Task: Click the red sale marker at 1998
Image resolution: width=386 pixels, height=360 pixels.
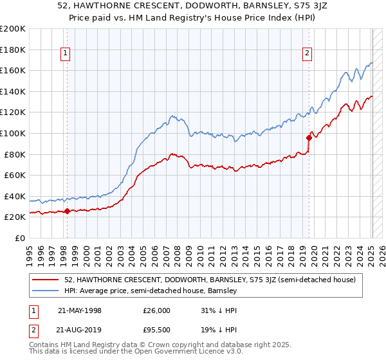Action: [68, 211]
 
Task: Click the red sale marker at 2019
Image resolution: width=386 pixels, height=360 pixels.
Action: [309, 138]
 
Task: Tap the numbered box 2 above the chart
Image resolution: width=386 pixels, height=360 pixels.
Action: [308, 54]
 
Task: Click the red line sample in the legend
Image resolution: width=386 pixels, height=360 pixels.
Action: [46, 280]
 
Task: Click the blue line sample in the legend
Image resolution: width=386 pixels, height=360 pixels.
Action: [46, 291]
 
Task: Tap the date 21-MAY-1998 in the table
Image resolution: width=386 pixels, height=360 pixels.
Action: [80, 310]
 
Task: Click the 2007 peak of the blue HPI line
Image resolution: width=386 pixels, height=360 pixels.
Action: [172, 116]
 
